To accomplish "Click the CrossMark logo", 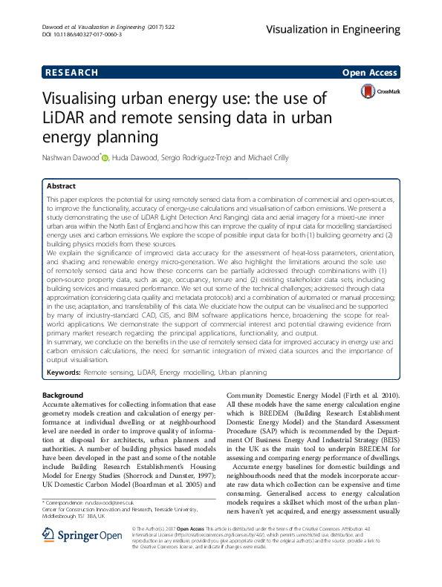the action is [x=380, y=91].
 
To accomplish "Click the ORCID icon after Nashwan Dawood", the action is [x=105, y=157].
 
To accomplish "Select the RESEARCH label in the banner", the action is [x=72, y=73].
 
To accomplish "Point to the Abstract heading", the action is [x=61, y=186].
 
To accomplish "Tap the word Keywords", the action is [x=63, y=370].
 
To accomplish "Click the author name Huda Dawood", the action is [x=137, y=157].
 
